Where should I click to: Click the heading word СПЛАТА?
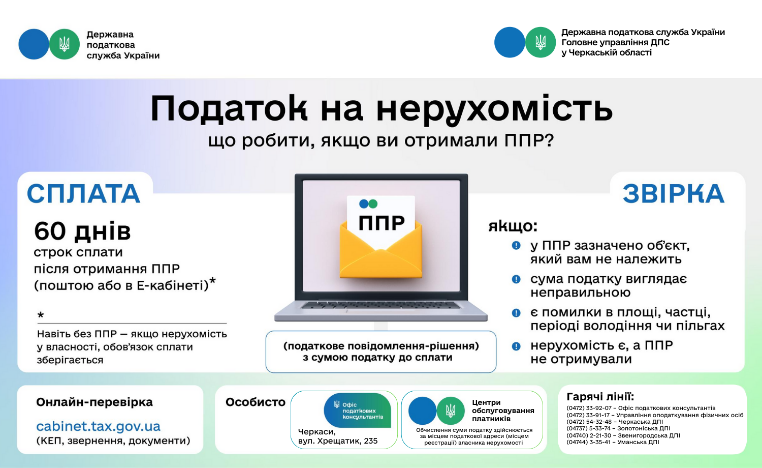[84, 194]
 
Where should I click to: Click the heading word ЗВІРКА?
[674, 194]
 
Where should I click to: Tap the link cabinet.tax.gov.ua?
[99, 426]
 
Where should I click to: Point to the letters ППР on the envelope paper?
[382, 223]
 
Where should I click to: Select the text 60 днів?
[82, 231]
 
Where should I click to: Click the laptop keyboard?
[381, 305]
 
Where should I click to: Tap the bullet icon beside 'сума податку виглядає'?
[516, 279]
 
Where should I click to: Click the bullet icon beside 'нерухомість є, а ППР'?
[516, 346]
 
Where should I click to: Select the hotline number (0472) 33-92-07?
[589, 408]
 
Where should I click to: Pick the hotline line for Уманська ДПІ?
[613, 442]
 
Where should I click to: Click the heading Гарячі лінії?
[600, 397]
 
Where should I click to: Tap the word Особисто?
[256, 402]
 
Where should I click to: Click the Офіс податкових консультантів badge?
[358, 411]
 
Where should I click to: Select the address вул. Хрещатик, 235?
[338, 441]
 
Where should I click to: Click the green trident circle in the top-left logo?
[65, 44]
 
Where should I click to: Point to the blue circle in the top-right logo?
[510, 42]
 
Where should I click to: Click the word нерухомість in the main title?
[494, 109]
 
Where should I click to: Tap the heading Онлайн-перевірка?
[94, 402]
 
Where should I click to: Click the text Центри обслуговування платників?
[503, 411]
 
